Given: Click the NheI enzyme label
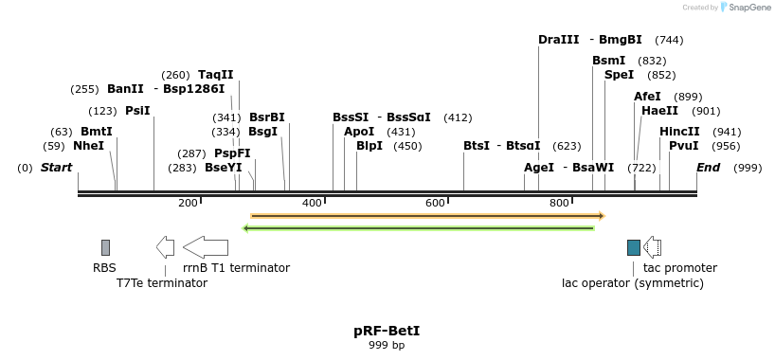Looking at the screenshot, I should point(88,146).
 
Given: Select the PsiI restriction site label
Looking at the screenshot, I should point(137,111).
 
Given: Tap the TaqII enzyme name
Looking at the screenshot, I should point(215,75).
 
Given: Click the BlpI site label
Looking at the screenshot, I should point(369,146).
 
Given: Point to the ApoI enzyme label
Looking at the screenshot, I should point(359,132).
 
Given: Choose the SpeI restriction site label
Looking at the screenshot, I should point(619,75).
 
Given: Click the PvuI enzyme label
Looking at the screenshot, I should point(683,146).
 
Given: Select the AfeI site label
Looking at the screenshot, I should point(647,97).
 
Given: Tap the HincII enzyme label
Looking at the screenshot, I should point(679,132).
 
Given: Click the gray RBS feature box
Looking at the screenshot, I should point(106,247).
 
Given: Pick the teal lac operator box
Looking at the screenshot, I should point(634,247).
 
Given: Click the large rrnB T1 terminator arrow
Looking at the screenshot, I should point(206,247).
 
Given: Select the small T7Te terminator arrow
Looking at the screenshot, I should point(166,247).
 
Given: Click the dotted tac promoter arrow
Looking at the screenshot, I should point(653,247).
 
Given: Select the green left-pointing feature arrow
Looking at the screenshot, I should point(419,227).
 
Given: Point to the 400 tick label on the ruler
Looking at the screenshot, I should point(312,203).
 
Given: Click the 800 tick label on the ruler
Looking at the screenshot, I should point(559,203).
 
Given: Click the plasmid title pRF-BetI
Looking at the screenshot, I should point(387,331).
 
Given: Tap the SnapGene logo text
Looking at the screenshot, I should point(749,8).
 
